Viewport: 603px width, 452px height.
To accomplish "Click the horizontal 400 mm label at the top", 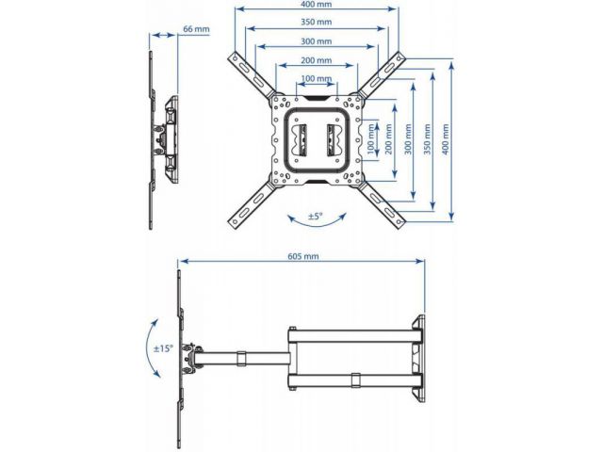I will point(317,6).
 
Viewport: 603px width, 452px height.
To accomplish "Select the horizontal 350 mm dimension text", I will point(317,23).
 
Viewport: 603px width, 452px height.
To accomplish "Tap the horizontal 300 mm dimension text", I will point(317,41).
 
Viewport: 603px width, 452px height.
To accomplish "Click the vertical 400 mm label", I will point(447,140).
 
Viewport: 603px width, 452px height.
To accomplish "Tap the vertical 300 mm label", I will point(409,140).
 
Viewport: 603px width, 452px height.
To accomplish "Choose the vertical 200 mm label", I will point(390,140).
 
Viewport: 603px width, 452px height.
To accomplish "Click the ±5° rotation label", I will point(317,217).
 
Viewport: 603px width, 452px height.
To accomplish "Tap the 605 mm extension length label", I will point(303,256).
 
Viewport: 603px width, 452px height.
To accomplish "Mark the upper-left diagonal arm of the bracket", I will point(249,74).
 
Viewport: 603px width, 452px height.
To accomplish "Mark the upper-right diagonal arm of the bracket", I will point(382,74).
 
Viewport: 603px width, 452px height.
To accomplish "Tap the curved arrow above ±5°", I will point(317,203).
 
